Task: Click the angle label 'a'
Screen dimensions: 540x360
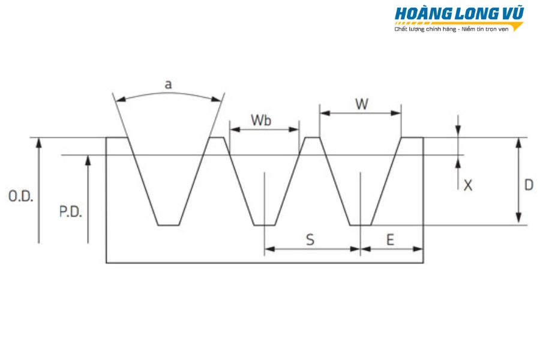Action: click(168, 84)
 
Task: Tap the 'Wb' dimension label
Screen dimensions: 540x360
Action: click(261, 120)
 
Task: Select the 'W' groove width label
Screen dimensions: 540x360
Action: click(362, 104)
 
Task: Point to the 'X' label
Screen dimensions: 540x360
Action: click(467, 185)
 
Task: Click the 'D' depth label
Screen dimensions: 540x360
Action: click(529, 185)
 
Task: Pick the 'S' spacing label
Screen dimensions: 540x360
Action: click(310, 239)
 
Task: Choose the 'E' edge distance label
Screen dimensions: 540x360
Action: click(390, 239)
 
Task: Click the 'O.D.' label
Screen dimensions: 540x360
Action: click(20, 196)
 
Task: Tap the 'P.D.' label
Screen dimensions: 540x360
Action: click(71, 212)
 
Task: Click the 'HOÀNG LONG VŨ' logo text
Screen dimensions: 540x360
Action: click(459, 13)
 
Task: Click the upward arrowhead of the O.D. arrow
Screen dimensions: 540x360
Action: click(39, 143)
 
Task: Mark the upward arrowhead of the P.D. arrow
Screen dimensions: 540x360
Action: click(88, 160)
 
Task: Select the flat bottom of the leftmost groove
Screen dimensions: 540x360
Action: click(169, 226)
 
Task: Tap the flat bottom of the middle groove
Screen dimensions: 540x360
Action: click(265, 226)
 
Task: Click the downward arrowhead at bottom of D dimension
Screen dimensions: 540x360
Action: click(518, 218)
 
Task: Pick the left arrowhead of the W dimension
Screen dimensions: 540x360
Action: click(325, 113)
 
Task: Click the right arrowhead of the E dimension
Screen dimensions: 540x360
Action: click(418, 249)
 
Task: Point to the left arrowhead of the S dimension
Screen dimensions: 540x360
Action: click(269, 249)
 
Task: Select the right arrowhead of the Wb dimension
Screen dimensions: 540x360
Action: click(294, 130)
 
